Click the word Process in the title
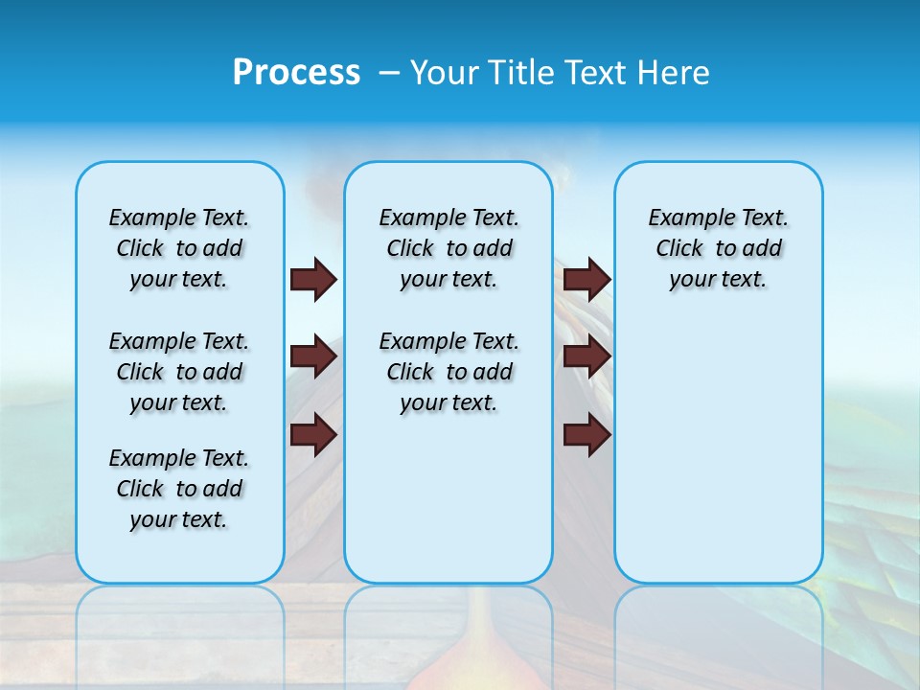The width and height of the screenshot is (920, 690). point(296,72)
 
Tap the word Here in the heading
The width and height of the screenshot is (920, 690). point(677,72)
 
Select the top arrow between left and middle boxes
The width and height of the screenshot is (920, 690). point(313,279)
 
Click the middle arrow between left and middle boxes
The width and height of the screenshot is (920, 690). point(313,356)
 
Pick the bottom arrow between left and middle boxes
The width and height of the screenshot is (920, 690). point(313,435)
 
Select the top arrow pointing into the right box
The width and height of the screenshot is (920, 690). point(586,279)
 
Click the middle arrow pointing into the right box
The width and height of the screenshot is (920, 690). point(586,356)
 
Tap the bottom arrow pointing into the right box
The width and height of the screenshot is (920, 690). point(586,435)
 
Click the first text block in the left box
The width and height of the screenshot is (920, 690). point(179,248)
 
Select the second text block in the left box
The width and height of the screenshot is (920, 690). point(179,372)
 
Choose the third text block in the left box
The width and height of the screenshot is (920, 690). point(179,489)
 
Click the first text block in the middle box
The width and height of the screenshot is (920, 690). point(448,248)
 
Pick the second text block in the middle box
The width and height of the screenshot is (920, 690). point(448,372)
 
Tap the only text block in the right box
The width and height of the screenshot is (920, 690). point(719,248)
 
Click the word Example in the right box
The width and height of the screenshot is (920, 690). point(683,218)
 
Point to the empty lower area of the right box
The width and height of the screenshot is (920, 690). point(719,460)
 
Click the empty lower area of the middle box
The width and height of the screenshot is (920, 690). point(448,498)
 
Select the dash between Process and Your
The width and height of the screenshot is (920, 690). point(389,73)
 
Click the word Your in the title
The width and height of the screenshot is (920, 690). point(445,72)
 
